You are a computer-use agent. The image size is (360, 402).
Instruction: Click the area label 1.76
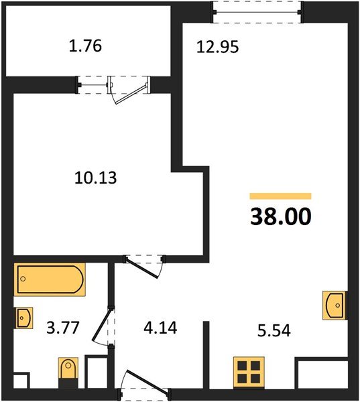(x=86, y=48)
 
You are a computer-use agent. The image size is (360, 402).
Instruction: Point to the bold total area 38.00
(x=281, y=217)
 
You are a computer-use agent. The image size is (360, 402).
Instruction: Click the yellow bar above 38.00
(x=280, y=196)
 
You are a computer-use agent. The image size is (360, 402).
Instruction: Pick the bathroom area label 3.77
(x=58, y=330)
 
